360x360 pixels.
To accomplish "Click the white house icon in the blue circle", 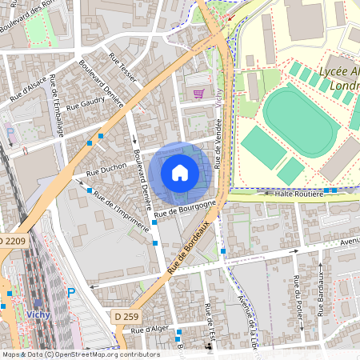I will tap(180, 173).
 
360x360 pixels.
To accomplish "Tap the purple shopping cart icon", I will tap(198, 93).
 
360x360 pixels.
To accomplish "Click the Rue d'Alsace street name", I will tap(26, 88).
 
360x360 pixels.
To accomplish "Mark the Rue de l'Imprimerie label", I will tap(121, 210).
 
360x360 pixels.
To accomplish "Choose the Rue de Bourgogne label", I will tap(186, 209).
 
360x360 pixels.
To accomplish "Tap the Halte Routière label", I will tap(298, 192).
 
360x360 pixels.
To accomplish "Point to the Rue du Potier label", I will tap(296, 294).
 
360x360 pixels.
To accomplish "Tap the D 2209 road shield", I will tap(13, 241).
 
